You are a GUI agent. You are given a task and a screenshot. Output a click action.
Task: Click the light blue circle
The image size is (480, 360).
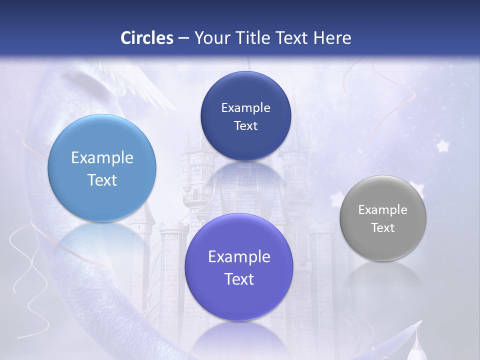point(102,168)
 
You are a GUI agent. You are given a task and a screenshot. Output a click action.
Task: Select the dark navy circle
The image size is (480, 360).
point(245,116)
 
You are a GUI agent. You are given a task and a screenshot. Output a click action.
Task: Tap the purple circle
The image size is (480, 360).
point(238,267)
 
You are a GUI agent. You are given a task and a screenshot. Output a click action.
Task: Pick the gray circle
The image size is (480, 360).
point(382,218)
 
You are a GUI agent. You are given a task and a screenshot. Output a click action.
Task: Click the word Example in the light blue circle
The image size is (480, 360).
point(102,158)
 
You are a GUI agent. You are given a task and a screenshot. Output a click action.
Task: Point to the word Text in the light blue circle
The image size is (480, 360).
point(102,180)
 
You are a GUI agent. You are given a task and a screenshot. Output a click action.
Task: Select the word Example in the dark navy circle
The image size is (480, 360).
point(245,108)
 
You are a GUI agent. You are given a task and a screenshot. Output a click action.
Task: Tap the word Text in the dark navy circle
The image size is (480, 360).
point(245,126)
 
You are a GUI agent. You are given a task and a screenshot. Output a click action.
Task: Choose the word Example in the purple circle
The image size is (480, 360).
point(239,257)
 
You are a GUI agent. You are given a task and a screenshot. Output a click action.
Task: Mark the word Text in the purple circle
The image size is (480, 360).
point(239,279)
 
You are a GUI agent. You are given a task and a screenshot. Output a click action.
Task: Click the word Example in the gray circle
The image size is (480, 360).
point(382,210)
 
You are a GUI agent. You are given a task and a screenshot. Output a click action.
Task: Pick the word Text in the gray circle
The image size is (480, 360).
point(382,228)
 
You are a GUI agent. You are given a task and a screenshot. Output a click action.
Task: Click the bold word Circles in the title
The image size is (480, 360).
point(147,38)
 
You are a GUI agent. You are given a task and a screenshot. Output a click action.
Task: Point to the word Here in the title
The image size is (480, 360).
point(332,38)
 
